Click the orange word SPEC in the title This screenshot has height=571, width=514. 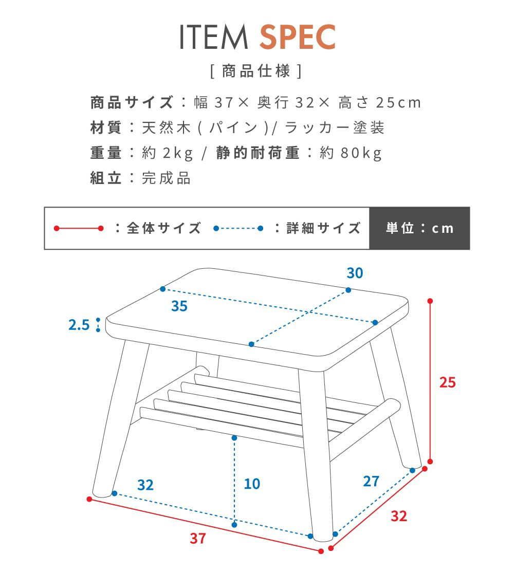(297, 37)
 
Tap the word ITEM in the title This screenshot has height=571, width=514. (214, 37)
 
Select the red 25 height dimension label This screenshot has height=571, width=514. (447, 382)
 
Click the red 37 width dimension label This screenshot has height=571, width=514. (198, 538)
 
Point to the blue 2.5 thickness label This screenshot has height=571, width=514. (79, 324)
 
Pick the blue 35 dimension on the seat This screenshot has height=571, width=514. (179, 306)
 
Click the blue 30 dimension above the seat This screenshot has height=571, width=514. (355, 273)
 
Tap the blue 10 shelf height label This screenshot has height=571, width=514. (252, 484)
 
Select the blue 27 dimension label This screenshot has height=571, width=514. (371, 481)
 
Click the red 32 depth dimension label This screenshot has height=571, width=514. (399, 516)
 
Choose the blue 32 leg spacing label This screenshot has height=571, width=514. (145, 485)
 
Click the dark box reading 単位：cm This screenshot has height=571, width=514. (419, 228)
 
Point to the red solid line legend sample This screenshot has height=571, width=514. (79, 228)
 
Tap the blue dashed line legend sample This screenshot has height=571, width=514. (238, 228)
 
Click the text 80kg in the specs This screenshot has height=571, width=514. (361, 153)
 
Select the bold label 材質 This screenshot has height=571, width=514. (106, 128)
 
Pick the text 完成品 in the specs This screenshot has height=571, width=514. (166, 178)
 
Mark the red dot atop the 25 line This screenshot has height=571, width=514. (430, 301)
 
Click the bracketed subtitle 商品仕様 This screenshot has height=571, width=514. (256, 71)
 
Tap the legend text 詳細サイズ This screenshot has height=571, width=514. (324, 228)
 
